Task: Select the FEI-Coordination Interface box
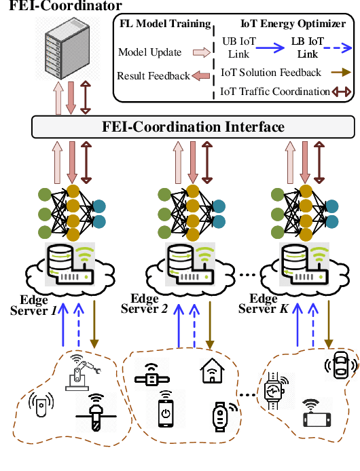193,127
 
